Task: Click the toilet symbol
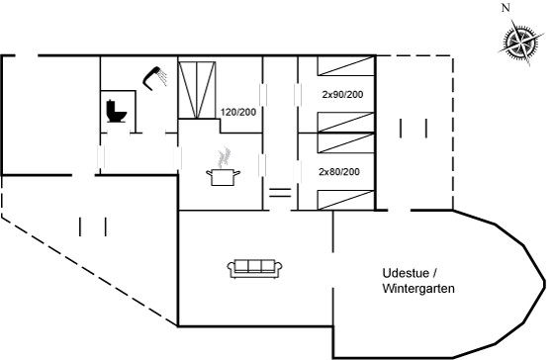116,112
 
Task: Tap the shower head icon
154,78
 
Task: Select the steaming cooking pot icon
223,167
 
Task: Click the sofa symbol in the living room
254,269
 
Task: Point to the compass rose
520,44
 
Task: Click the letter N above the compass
506,8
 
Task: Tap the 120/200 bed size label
238,113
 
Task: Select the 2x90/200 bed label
342,95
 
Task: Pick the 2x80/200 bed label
339,172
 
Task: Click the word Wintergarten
418,289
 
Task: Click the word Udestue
406,273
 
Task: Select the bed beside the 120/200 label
197,89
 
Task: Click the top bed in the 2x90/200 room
346,65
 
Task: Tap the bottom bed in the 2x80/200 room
346,200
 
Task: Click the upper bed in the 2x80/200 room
346,143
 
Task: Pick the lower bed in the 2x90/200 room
346,123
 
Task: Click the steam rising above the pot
224,157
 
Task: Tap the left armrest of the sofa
231,269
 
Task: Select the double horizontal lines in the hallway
280,193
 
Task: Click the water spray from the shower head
162,77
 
